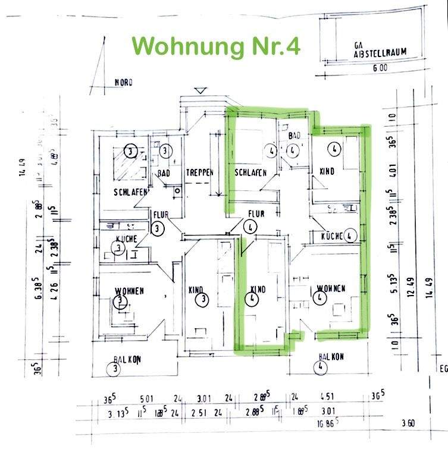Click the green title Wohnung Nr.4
215,46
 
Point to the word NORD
123,83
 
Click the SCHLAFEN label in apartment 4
250,172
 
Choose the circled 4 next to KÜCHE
350,236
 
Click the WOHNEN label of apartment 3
130,291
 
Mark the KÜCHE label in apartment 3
127,238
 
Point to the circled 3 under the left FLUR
158,228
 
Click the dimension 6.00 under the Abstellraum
380,68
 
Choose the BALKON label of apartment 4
331,357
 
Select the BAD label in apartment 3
163,174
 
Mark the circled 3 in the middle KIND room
203,299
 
